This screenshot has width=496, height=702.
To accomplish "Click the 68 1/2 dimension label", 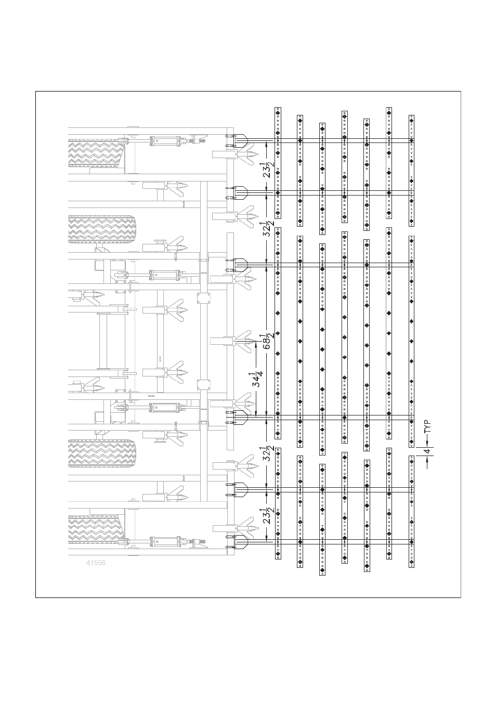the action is pos(268,341).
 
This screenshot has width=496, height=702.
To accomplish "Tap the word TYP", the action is pos(428,426).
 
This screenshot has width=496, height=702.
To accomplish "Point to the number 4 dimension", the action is pos(427,451).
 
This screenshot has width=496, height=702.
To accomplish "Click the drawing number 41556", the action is pos(96,563).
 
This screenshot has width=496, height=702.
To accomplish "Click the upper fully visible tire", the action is pos(102,229).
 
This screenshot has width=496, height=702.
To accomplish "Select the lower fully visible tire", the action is pos(102,453).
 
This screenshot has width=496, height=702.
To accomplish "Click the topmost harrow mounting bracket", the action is pos(237,140).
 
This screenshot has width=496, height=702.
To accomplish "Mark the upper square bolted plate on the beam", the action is pos(204,298).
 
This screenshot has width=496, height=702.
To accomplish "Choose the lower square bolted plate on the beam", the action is pos(204,384).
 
